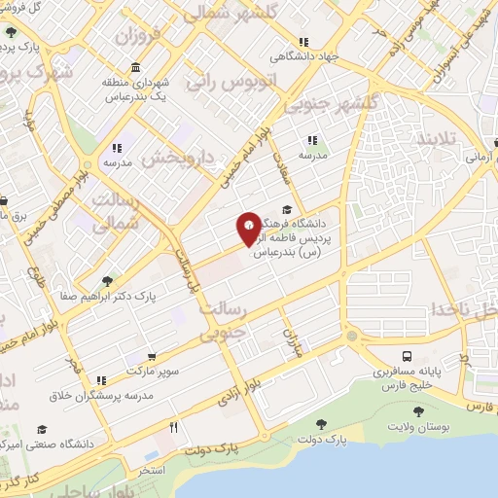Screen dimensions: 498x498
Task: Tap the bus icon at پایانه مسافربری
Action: [x=408, y=358]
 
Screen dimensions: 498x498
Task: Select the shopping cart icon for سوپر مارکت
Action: [x=150, y=357]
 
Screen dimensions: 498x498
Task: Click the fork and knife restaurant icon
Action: [x=174, y=427]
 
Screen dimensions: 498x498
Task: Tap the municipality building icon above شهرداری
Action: [x=133, y=68]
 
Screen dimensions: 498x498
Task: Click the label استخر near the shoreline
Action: [x=152, y=470]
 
